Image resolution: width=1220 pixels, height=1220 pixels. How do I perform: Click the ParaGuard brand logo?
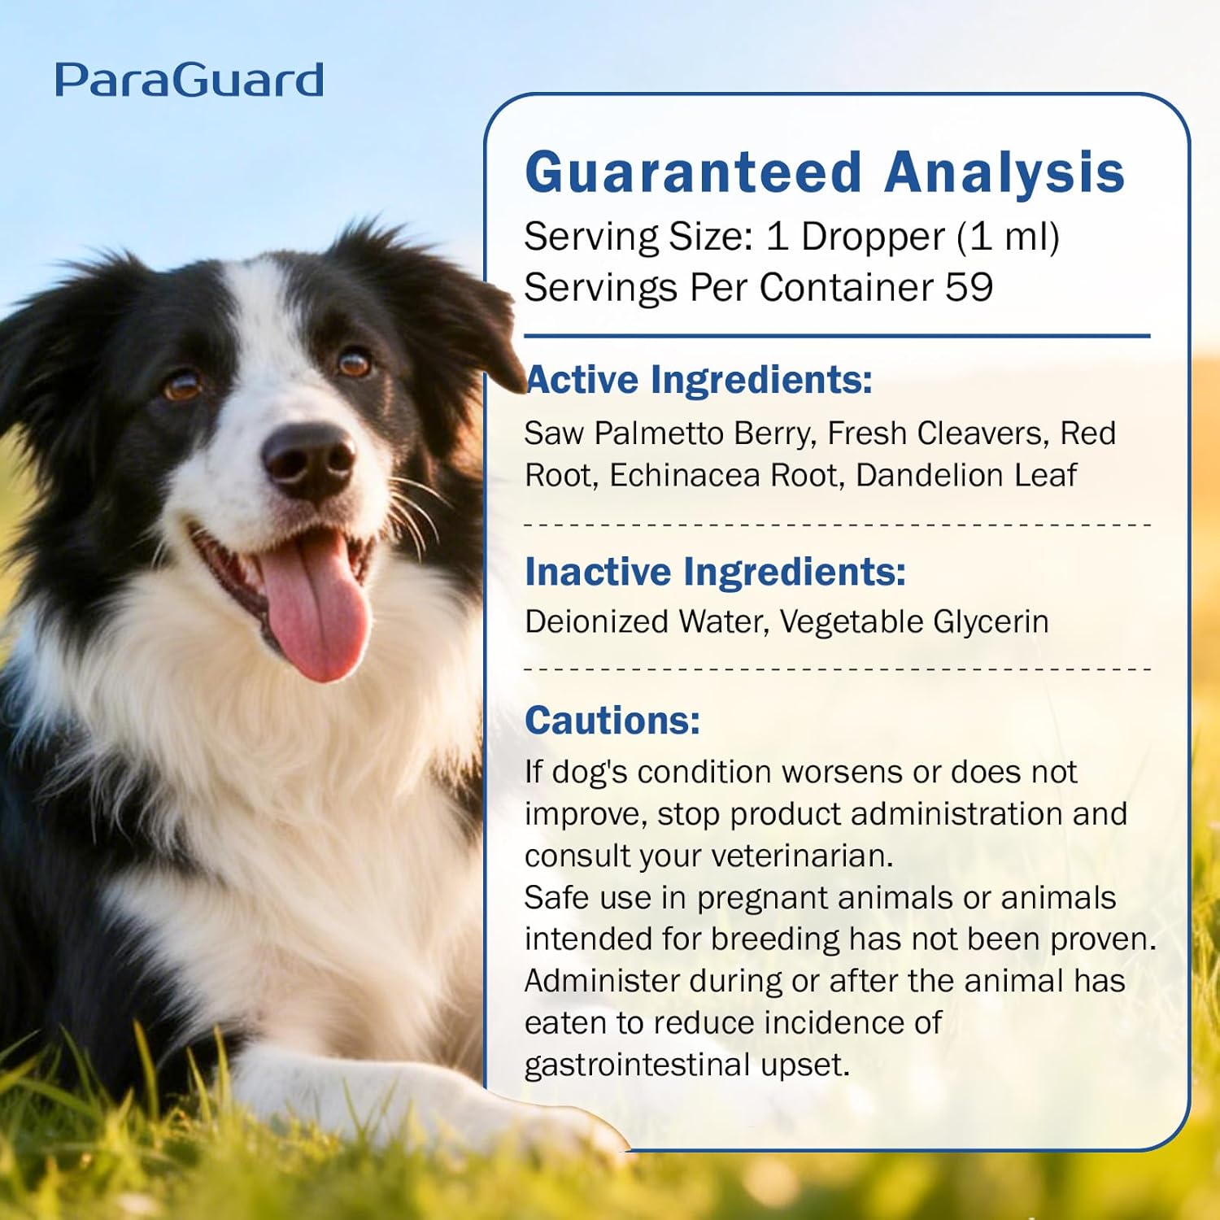[189, 81]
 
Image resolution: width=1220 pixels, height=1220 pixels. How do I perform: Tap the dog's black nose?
[310, 459]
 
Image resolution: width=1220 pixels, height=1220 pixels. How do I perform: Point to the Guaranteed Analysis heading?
[825, 172]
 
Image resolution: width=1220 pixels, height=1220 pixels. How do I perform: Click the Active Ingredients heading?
[699, 380]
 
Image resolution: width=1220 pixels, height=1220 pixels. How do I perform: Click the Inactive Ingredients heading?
[715, 572]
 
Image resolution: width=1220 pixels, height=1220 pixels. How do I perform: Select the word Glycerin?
[991, 622]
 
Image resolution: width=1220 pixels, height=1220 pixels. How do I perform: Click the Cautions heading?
[612, 721]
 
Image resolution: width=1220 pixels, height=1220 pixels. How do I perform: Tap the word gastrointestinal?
[637, 1065]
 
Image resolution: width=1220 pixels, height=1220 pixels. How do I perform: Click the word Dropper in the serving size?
[873, 237]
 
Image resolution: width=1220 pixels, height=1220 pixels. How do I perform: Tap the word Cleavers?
[979, 434]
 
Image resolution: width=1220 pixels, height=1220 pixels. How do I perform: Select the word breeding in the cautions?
[775, 939]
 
